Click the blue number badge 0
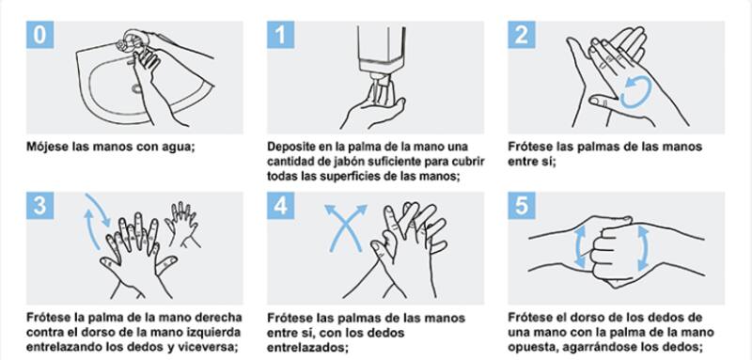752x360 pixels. point(39,35)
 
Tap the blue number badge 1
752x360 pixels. point(280,35)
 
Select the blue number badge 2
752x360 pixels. point(522,35)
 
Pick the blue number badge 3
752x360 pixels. point(39,206)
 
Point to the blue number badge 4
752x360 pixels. point(280,206)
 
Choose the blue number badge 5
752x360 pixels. point(522,206)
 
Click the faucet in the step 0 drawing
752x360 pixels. point(132,40)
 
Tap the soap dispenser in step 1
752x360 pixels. point(382,53)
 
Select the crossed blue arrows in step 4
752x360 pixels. point(346,227)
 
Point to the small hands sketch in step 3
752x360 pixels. point(182,224)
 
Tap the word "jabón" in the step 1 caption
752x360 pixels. point(345,162)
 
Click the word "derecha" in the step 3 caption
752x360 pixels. point(220,318)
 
